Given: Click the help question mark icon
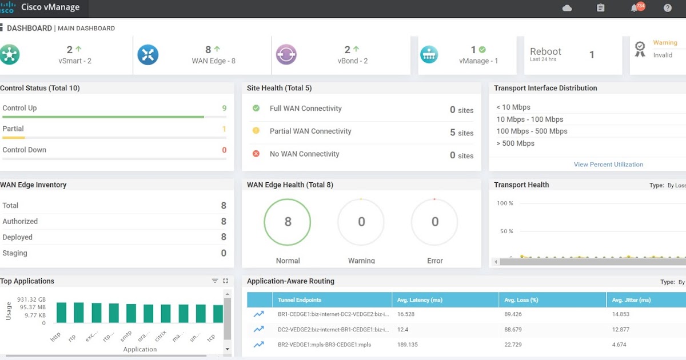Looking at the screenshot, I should tap(667, 8).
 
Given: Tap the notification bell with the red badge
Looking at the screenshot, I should tap(635, 8).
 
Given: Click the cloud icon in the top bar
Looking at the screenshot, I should tap(567, 8).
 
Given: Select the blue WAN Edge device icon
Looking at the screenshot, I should tap(148, 55).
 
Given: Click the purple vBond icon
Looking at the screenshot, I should tap(286, 55).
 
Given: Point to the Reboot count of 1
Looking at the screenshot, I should tap(592, 55).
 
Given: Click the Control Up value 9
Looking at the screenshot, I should tap(224, 108).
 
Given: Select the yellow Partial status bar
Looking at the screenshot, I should tap(14, 138).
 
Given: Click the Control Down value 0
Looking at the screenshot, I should tap(224, 150).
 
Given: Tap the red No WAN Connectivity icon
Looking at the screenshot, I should tap(256, 154).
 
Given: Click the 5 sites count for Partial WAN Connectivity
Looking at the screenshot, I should tap(461, 133).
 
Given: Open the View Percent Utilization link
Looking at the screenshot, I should tap(608, 165).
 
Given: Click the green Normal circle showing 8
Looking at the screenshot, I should tap(288, 222).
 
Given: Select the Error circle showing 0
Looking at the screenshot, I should tap(434, 222).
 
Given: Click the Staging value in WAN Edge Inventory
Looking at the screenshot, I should tap(223, 253).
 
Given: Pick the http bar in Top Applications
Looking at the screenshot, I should tap(61, 313).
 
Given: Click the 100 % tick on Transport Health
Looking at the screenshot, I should tap(505, 203).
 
